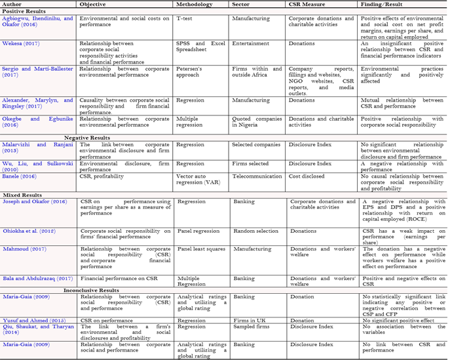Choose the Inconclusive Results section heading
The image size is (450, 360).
coord(91,289)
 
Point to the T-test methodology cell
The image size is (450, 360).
coord(189,18)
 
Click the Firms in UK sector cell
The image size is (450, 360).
coord(250,320)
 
